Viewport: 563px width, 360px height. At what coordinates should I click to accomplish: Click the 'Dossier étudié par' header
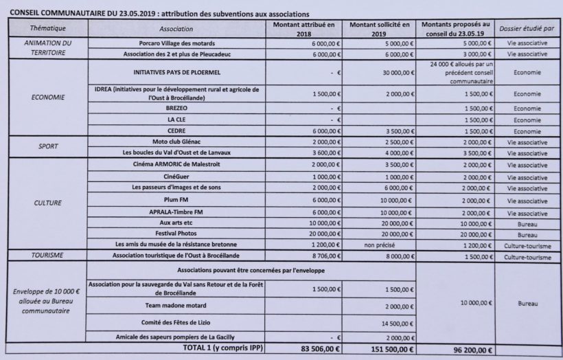[x=525, y=30]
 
